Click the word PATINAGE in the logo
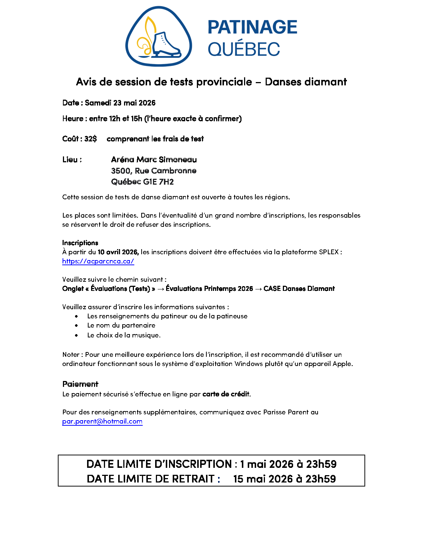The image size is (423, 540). point(252,27)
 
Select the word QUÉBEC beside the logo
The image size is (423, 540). point(244,49)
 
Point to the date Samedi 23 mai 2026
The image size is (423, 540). point(120,103)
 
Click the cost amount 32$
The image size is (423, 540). point(90,139)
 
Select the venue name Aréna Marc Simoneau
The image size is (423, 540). point(154,160)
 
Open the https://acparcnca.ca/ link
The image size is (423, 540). point(98,261)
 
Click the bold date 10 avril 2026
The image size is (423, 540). point(118,252)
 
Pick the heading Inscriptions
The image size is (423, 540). point(80,243)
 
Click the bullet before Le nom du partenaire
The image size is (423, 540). point(76,325)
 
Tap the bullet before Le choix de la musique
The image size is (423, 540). point(76,335)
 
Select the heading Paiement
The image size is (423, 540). point(80,384)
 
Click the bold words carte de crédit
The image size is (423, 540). point(226,394)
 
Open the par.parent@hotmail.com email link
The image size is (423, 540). point(102,421)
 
